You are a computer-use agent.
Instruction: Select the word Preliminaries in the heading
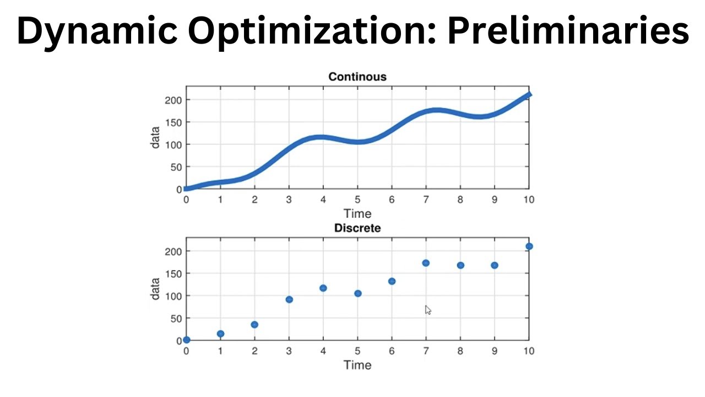[x=567, y=32]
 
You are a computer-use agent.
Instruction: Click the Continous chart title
[x=357, y=77]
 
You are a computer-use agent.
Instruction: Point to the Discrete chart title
[x=357, y=228]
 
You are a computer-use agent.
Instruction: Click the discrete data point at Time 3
[x=289, y=299]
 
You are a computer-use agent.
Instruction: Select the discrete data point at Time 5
[x=358, y=293]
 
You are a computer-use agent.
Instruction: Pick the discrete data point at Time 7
[x=426, y=263]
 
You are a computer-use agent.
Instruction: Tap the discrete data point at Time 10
[x=529, y=246]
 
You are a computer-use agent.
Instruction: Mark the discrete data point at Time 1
[x=220, y=334]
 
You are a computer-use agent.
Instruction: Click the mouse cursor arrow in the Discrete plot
[x=428, y=310]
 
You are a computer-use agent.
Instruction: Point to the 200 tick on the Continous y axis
[x=173, y=100]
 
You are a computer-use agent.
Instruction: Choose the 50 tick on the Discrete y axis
[x=175, y=318]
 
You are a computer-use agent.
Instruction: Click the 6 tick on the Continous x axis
[x=392, y=200]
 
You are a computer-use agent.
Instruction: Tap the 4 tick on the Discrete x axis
[x=323, y=351]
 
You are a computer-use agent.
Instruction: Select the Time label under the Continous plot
[x=357, y=213]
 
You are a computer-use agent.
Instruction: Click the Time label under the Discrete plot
[x=357, y=364]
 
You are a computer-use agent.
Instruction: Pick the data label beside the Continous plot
[x=156, y=137]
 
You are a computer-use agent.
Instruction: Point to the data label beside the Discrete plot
[x=156, y=288]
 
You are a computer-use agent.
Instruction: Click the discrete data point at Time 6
[x=392, y=281]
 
